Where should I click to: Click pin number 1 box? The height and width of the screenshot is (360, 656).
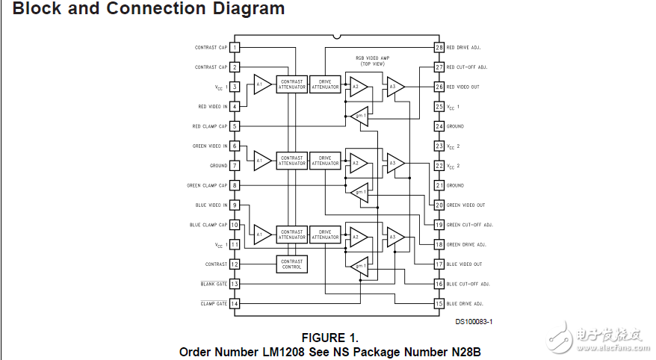235,48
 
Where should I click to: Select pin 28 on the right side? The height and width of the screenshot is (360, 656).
439,48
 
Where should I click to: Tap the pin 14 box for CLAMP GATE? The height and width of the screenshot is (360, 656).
235,304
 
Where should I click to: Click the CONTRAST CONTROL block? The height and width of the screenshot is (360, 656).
292,264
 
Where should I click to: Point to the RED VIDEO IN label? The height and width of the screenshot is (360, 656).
213,107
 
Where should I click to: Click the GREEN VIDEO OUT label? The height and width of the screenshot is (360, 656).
465,205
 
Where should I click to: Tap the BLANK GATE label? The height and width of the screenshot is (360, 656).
214,285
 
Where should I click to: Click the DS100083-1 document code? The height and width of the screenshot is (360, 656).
474,322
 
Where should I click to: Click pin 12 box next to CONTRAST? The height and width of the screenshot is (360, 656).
235,264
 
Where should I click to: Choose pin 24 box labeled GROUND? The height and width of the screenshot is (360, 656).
439,126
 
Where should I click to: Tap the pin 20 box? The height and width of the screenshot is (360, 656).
439,205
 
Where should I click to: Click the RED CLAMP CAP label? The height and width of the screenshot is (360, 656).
210,127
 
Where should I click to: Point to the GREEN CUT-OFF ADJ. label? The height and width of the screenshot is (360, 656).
470,225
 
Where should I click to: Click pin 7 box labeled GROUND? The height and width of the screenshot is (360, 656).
235,166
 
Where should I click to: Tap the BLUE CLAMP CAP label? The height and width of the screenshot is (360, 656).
208,225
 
